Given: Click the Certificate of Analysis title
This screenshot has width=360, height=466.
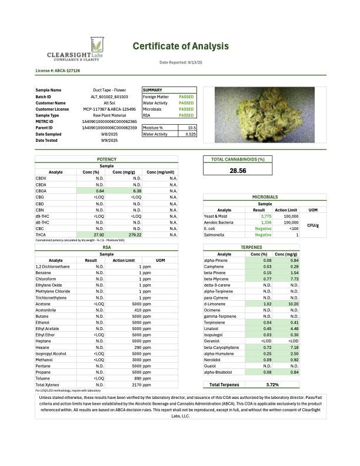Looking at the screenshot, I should coord(180,46).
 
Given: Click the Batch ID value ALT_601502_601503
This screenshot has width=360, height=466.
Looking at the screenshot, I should coord(110,96).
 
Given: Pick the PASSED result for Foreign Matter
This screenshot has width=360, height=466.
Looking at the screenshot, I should coord(186,96).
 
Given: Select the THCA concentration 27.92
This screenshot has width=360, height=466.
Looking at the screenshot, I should coord(99,234).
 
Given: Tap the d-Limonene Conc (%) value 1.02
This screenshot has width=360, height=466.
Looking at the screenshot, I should coord(267,304).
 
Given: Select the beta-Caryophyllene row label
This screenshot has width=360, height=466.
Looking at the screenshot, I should coord(222,347).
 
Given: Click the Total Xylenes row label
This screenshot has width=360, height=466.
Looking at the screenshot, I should coord(46,385).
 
